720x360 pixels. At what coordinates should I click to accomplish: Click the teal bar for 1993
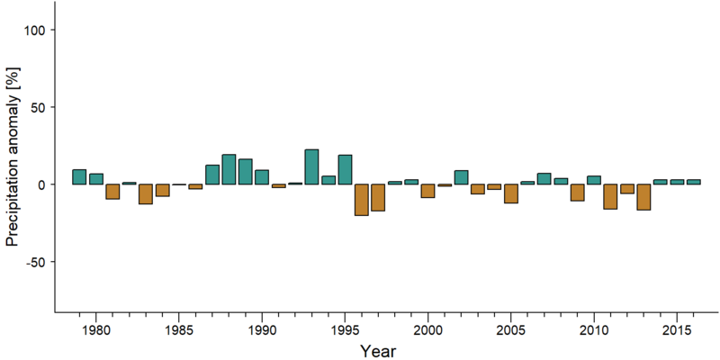[x=311, y=166]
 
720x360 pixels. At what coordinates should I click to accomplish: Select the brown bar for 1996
[x=362, y=200]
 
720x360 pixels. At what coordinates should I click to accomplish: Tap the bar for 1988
[x=229, y=169]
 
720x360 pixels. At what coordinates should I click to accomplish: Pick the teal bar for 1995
[x=345, y=169]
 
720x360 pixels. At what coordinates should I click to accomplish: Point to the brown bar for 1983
[x=146, y=193]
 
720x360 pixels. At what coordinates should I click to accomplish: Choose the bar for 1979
[x=79, y=176]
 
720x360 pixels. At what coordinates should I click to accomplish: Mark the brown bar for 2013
[x=643, y=197]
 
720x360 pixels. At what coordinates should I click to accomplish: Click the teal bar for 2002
[x=461, y=177]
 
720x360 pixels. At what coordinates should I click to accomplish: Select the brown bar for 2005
[x=510, y=193]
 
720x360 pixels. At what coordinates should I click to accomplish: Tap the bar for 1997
[x=378, y=197]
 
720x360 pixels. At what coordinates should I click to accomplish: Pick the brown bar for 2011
[x=610, y=196]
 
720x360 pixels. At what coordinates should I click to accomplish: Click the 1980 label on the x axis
[x=95, y=330]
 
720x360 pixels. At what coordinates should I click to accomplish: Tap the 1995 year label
[x=345, y=330]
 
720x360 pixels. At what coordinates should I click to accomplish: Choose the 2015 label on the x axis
[x=677, y=330]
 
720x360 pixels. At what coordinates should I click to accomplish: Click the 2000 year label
[x=428, y=330]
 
